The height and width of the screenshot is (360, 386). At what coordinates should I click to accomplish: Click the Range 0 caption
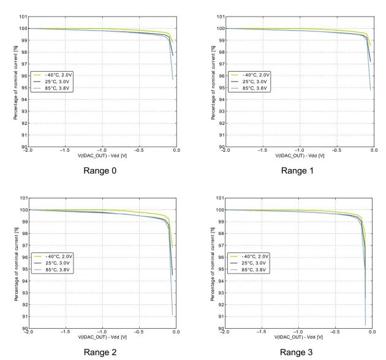(102, 171)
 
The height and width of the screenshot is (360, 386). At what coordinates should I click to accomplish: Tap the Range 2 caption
(102, 353)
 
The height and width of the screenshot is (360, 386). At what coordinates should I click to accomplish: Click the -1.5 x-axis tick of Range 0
(65, 151)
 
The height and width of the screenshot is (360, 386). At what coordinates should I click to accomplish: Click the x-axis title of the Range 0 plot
(102, 156)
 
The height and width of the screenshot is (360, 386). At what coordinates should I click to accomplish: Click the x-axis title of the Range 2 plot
(102, 337)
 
